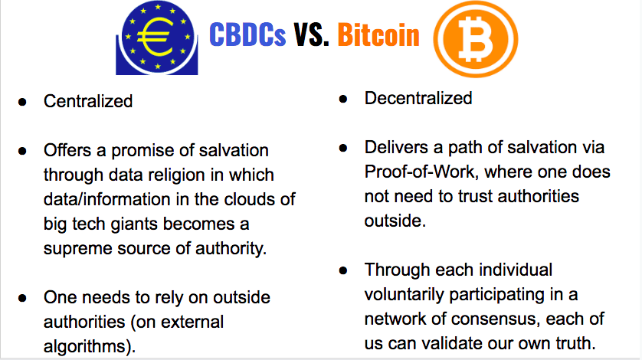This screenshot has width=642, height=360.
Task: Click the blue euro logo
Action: click(157, 38)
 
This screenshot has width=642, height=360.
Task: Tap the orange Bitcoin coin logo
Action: click(475, 39)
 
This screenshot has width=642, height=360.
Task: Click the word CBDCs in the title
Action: click(247, 34)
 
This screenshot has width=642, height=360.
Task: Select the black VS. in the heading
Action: click(311, 34)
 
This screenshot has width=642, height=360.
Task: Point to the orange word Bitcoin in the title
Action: click(378, 34)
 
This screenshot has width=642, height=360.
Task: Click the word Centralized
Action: click(88, 101)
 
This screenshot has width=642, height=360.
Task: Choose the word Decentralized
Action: click(418, 98)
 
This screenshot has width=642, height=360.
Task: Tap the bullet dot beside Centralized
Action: click(22, 102)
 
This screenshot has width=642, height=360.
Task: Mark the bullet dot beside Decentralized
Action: click(343, 99)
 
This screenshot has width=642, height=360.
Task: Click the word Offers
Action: click(67, 150)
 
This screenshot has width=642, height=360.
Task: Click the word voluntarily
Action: click(404, 294)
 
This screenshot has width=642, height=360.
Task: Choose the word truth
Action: click(575, 343)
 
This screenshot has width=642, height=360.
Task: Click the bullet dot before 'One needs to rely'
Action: click(22, 298)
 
